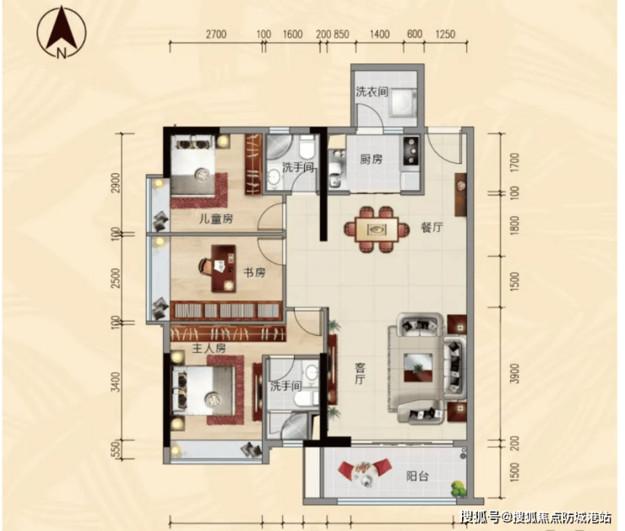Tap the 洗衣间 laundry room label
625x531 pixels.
372,92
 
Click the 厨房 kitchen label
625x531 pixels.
371,160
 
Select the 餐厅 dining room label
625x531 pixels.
432,227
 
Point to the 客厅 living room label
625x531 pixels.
360,373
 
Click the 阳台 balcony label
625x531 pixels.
417,475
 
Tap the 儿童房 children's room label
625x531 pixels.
215,219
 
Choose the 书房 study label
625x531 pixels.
254,273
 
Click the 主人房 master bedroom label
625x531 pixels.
209,349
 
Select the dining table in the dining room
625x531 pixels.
377,230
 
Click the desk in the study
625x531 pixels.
223,268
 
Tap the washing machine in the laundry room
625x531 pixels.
403,103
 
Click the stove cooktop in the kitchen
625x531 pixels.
412,150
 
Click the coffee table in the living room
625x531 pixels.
417,368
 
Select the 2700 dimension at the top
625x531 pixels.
216,35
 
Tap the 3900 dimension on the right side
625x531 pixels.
514,373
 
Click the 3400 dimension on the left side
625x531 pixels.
116,382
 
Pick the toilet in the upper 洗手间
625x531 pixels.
307,147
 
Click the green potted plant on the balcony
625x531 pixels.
459,489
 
